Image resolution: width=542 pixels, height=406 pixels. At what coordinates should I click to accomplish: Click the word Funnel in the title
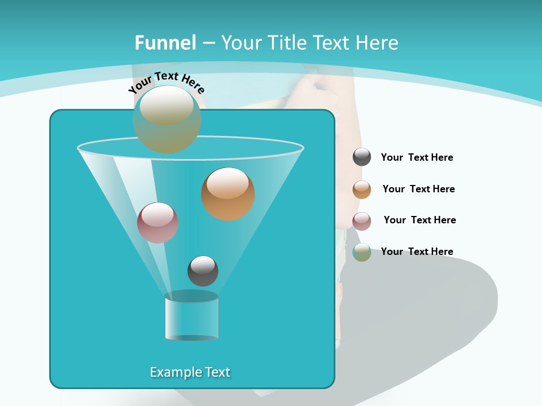point(165,43)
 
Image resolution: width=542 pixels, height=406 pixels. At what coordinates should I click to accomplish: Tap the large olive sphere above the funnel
point(167,119)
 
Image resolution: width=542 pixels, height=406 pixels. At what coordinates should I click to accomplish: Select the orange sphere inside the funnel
point(228,193)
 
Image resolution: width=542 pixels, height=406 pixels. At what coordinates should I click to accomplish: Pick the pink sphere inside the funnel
point(158,223)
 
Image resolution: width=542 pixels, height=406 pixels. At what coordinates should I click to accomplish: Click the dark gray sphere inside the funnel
point(203,271)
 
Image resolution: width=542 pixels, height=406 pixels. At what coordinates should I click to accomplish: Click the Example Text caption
point(190,372)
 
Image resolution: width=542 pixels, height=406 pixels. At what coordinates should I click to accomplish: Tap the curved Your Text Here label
point(166,82)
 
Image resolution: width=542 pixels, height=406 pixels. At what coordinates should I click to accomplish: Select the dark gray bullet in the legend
point(362,157)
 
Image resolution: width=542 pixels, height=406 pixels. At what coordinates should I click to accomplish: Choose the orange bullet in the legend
point(362,189)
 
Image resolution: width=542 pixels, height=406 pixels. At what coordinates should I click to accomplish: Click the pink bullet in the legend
point(362,221)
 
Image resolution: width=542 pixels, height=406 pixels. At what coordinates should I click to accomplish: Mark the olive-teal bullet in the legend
point(362,252)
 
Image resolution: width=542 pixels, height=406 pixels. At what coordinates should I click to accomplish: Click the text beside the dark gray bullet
point(417,157)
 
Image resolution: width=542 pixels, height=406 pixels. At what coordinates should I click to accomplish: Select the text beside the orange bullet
point(418,189)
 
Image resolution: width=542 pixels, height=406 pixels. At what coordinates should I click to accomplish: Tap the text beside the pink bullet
point(419,220)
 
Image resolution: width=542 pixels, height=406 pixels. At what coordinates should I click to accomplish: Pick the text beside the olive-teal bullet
point(417,251)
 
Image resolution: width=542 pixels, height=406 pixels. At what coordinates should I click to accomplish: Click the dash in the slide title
point(208,43)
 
